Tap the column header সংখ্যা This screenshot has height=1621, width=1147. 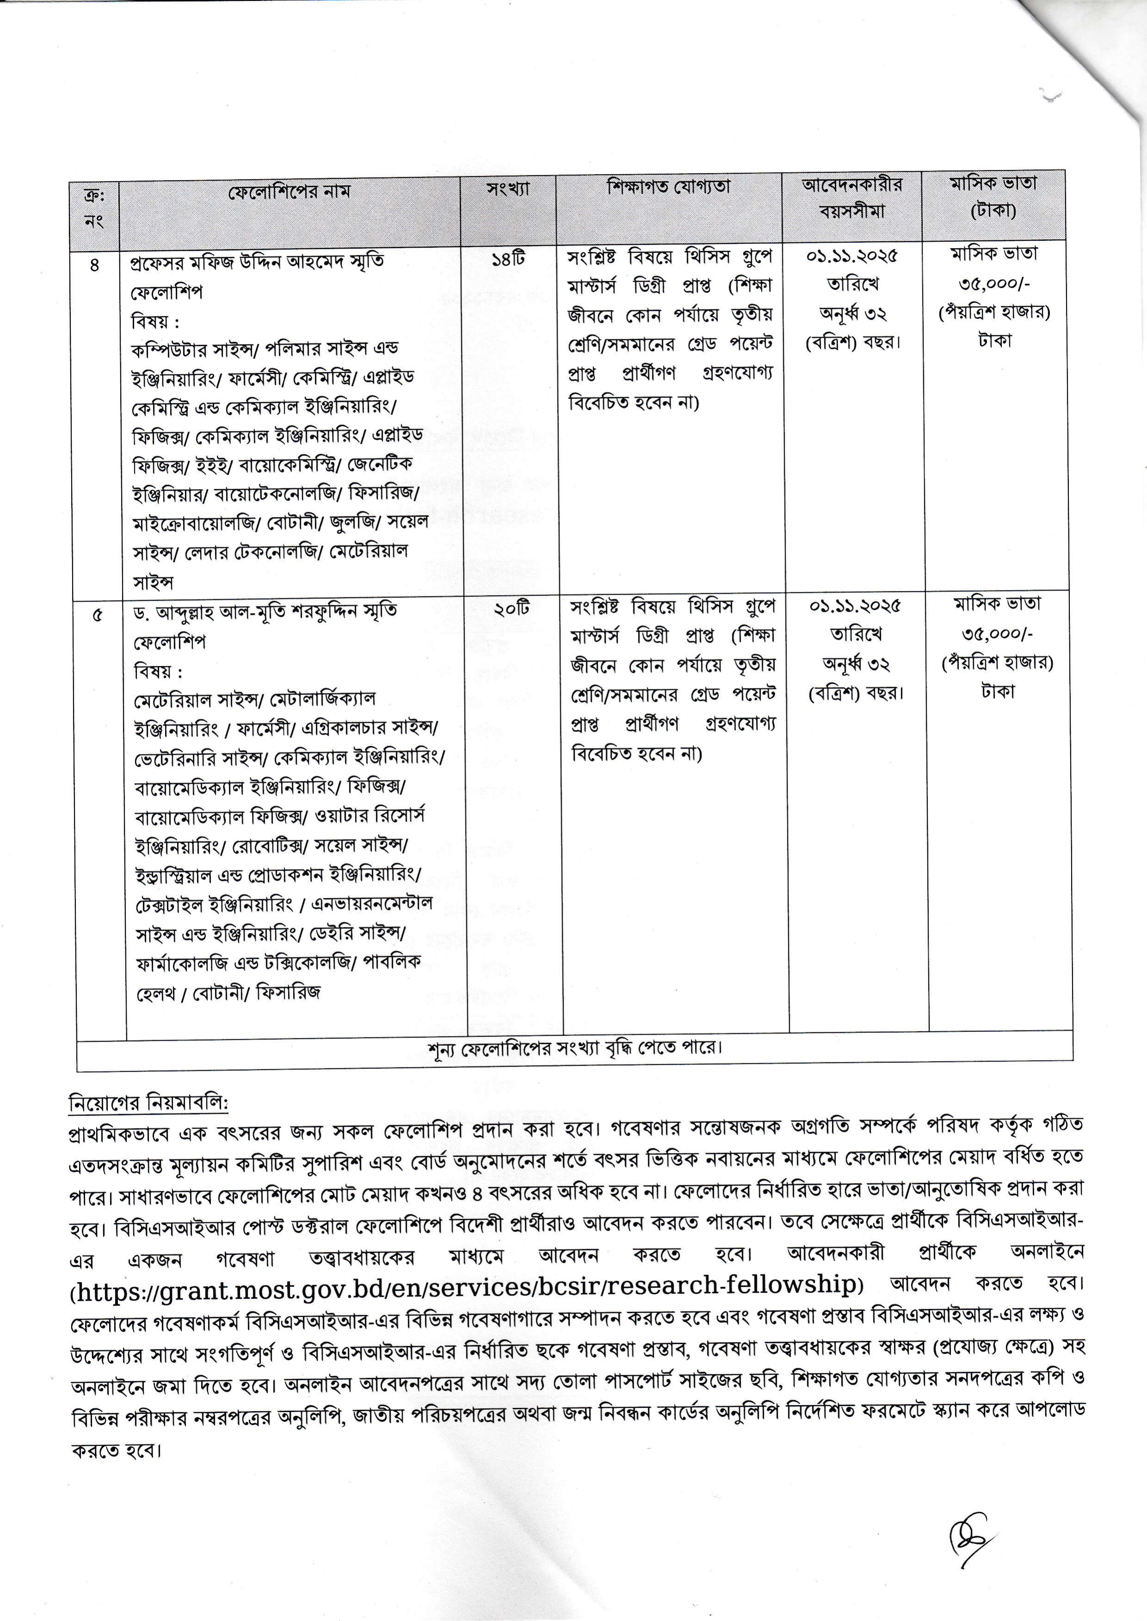508,189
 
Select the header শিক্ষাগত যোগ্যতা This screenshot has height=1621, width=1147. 668,187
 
